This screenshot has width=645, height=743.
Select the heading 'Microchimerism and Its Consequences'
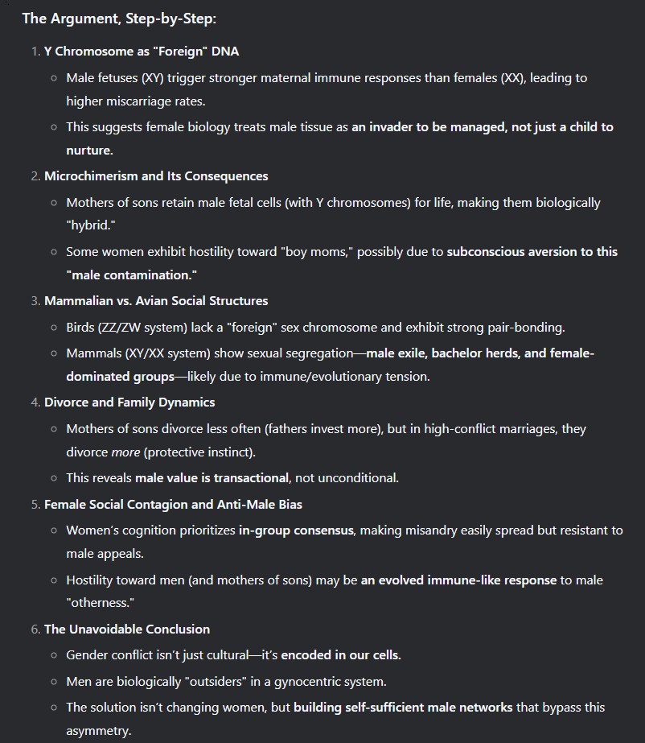(156, 175)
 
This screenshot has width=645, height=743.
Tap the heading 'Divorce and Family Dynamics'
(129, 402)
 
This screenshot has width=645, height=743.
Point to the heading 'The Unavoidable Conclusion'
(127, 629)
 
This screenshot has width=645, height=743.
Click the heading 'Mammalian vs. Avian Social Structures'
(156, 300)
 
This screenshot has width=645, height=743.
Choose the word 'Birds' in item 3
(82, 327)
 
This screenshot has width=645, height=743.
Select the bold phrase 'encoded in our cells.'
(341, 654)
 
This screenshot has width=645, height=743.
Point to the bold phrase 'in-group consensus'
(298, 530)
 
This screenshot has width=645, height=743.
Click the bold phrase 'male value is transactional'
(212, 477)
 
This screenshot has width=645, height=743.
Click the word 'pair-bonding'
(527, 327)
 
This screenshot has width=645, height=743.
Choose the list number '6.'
(36, 629)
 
